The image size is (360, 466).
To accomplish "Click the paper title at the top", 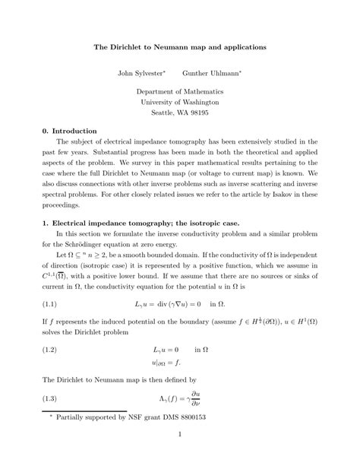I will (x=179, y=47).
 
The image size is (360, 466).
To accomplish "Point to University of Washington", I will (x=180, y=101).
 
